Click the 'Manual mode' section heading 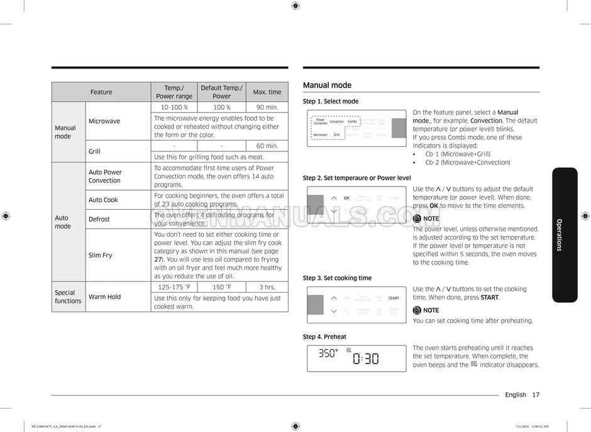[x=327, y=85]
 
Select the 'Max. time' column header [x=267, y=92]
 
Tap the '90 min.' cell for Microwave [x=267, y=107]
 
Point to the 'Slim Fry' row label [x=101, y=256]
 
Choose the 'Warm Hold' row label [x=105, y=297]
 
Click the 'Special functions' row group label [x=68, y=297]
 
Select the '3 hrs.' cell [x=267, y=287]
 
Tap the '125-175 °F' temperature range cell [x=174, y=287]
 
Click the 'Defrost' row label [x=99, y=219]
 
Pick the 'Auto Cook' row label [x=103, y=200]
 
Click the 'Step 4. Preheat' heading [x=324, y=337]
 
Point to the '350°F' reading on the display [x=328, y=354]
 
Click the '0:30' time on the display [x=365, y=359]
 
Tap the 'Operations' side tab [x=564, y=235]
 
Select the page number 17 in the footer [x=536, y=395]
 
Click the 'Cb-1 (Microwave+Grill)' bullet [x=458, y=154]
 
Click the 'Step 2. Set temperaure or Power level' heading [x=356, y=178]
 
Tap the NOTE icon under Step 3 [x=417, y=310]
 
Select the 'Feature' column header [x=101, y=92]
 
